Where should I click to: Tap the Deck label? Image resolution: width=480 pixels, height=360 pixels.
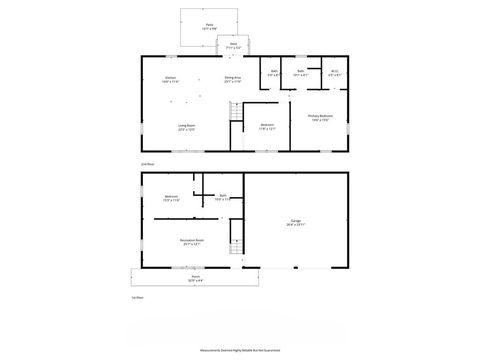pos(233,44)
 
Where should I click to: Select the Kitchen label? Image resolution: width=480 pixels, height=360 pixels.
pos(171,78)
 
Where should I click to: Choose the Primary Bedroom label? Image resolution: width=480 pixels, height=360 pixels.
pos(320,116)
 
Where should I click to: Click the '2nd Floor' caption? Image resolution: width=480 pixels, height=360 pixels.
pos(146,161)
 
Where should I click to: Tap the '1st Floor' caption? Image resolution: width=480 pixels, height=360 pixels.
pos(138,298)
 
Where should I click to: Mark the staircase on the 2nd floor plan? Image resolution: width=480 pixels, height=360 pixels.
pos(236,118)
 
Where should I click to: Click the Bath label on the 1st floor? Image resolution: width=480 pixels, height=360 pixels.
pos(223,196)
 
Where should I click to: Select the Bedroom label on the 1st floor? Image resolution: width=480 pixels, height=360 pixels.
pos(171,197)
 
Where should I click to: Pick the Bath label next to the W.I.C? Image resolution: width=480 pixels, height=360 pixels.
pos(301,72)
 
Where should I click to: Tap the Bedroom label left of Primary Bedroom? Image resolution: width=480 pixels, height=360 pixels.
pos(267,125)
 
